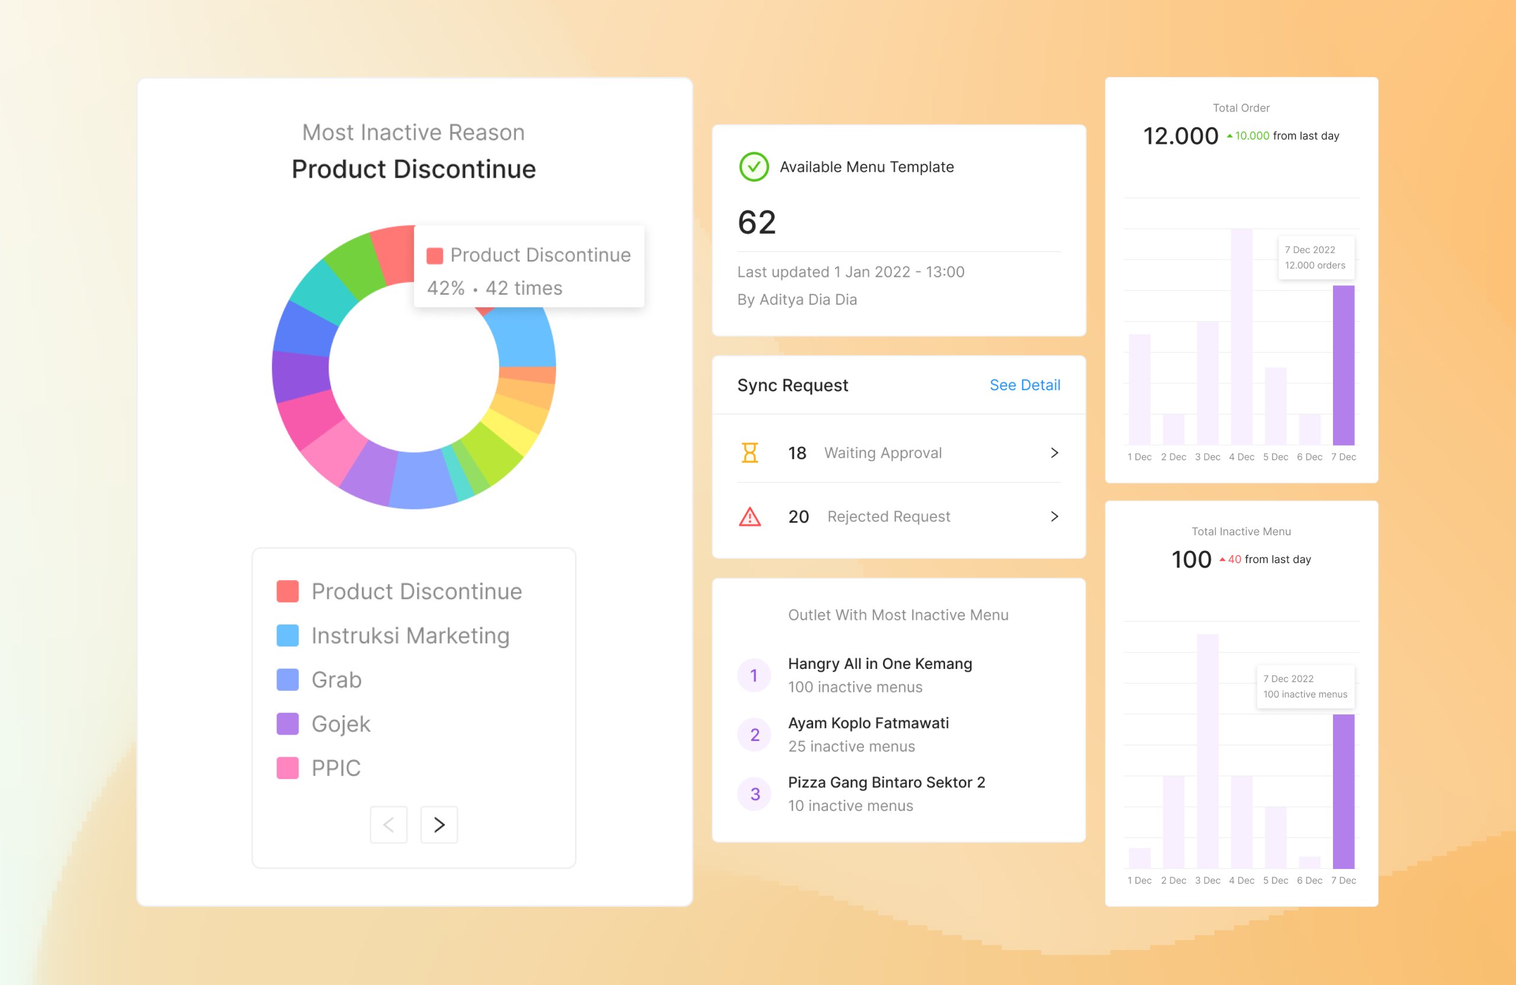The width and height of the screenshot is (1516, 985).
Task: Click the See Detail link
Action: [x=1024, y=385]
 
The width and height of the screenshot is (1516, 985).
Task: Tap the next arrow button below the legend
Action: [x=439, y=825]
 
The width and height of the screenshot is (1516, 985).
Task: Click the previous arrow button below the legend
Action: [x=388, y=825]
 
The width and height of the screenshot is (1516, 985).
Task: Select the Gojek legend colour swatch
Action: [x=287, y=724]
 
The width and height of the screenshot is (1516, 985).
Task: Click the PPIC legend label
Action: [x=336, y=768]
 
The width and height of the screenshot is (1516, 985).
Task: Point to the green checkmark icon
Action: [x=753, y=167]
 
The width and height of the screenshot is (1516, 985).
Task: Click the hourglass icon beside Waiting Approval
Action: [x=750, y=453]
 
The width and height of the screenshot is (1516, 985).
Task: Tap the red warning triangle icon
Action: [x=750, y=516]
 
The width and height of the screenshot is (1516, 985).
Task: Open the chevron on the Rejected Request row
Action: [x=1054, y=516]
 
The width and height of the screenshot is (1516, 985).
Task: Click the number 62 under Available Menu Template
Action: [x=757, y=222]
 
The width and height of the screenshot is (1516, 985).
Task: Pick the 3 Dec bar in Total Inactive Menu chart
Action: [x=1207, y=751]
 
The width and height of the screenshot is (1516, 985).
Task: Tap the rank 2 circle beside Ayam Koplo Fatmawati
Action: [x=754, y=735]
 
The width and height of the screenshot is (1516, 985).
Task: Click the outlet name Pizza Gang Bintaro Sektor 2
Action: [x=886, y=782]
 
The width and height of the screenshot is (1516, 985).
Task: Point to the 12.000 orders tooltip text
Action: [x=1315, y=266]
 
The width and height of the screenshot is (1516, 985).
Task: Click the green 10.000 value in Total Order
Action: [x=1252, y=136]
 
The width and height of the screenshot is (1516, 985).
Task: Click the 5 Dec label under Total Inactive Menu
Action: [x=1275, y=880]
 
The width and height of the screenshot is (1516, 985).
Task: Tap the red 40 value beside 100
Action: [x=1235, y=559]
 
